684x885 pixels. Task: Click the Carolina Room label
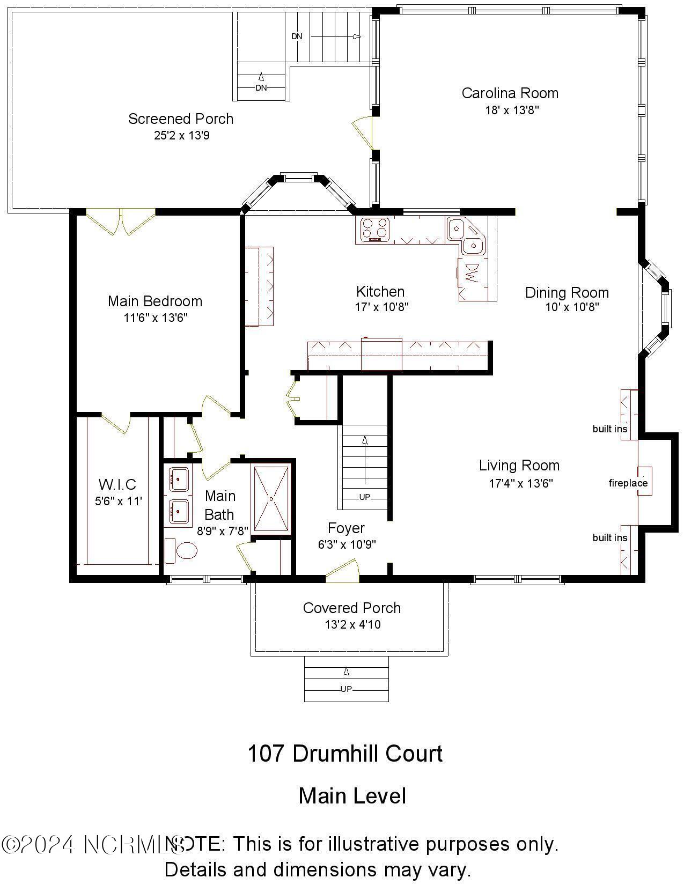(510, 93)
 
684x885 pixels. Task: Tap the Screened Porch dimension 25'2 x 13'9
(181, 135)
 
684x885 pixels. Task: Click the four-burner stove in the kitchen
(374, 229)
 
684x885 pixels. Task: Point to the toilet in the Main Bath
(182, 551)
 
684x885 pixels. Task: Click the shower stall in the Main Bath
(271, 499)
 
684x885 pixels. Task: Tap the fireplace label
(628, 483)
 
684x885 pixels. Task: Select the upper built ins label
(610, 429)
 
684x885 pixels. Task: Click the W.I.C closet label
(117, 485)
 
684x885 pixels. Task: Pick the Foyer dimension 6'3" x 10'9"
(347, 544)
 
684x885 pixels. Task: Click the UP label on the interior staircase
(364, 497)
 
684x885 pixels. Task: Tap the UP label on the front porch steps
(346, 689)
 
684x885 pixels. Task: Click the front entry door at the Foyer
(342, 571)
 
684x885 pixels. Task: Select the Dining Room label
(567, 293)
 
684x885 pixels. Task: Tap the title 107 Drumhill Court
(345, 754)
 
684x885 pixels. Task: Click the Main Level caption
(352, 795)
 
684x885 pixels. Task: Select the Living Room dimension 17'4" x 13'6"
(520, 483)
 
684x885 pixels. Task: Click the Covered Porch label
(351, 608)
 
